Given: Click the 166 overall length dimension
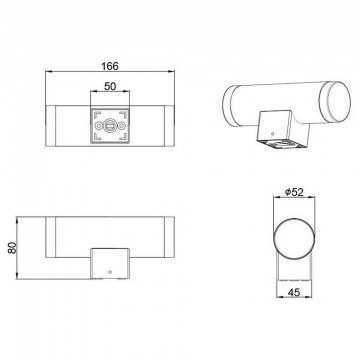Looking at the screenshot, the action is click(x=110, y=66).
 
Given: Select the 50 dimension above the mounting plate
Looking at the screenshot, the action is click(x=110, y=86).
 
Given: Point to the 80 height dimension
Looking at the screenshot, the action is click(x=12, y=248).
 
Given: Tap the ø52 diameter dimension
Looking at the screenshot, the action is click(x=294, y=192).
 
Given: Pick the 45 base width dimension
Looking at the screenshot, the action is click(x=294, y=292).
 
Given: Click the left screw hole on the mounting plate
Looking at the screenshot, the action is click(x=99, y=126).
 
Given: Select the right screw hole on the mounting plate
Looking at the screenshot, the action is click(x=121, y=126).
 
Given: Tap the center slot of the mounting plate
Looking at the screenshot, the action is click(x=110, y=126).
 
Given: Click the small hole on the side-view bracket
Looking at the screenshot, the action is click(x=110, y=272).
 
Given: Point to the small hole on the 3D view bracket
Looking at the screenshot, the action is click(x=273, y=134).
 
